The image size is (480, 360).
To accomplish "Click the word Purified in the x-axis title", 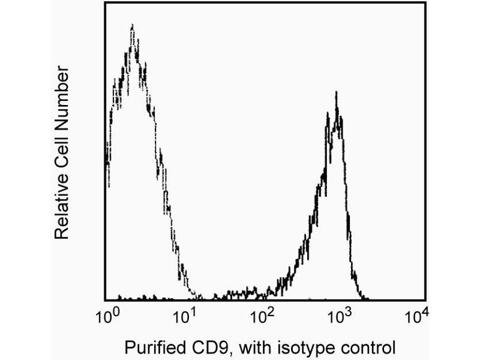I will coord(149,347).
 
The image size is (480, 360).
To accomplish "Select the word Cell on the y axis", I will coord(61,151).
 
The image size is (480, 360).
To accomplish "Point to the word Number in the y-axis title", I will coord(61,96).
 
